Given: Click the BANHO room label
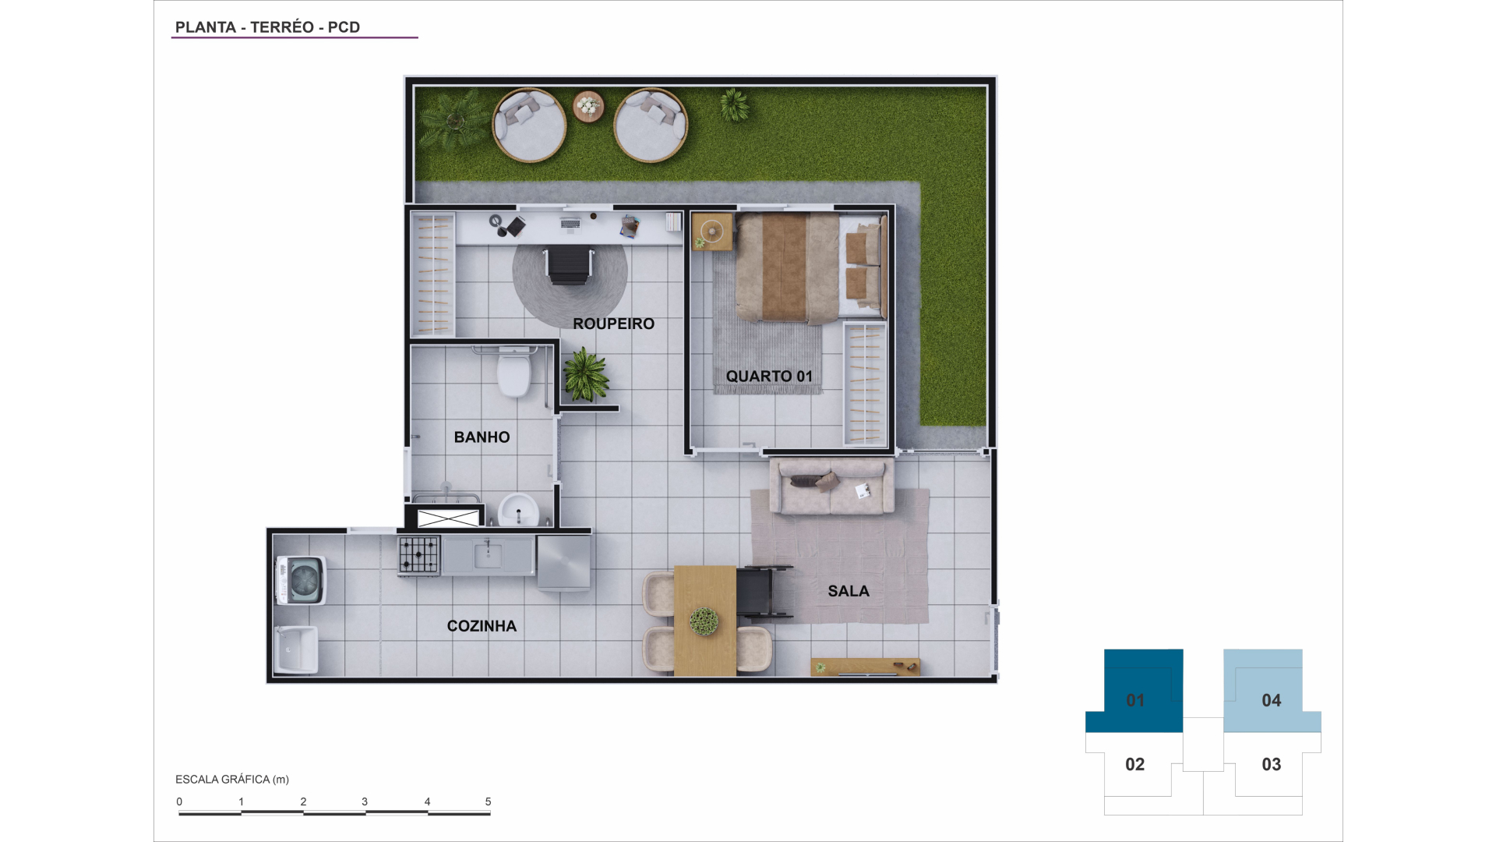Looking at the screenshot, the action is tap(482, 437).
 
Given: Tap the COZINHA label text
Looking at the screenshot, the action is tap(482, 626).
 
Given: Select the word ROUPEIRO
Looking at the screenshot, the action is tap(613, 324).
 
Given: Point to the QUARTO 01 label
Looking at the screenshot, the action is tap(769, 377).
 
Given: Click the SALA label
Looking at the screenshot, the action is tap(849, 591).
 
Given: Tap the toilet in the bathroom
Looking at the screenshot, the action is tap(514, 372).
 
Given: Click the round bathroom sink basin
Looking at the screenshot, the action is tap(518, 511).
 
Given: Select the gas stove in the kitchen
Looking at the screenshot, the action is tap(419, 555).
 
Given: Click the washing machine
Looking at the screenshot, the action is tap(301, 580).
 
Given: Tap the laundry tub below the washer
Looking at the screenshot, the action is tap(297, 649).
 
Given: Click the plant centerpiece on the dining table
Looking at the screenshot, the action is tap(704, 621).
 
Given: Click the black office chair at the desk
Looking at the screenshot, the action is tap(570, 265).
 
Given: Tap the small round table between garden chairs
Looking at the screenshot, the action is tap(588, 106).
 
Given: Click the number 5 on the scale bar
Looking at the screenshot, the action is tap(489, 801).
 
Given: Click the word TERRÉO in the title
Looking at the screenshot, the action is tap(282, 27).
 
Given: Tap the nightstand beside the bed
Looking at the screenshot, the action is tap(712, 232).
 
